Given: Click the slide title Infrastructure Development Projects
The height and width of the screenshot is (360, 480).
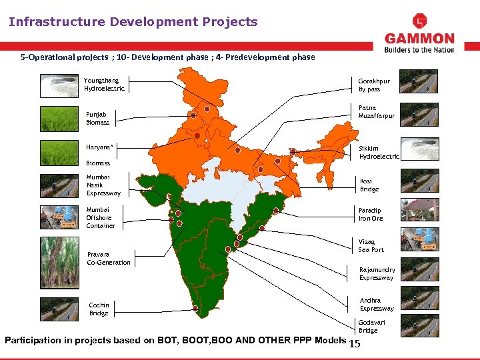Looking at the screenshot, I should [x=133, y=22].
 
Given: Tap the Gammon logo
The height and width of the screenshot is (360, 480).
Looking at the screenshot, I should [x=419, y=34].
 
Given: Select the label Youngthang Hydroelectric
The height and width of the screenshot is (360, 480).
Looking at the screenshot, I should [x=104, y=85].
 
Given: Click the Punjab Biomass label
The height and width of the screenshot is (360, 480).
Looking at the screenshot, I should [x=97, y=118].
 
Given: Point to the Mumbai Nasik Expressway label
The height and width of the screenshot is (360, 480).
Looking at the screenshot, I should [x=103, y=185].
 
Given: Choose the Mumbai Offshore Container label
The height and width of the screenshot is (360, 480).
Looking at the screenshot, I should [x=101, y=217].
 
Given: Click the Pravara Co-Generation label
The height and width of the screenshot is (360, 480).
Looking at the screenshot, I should [x=109, y=258].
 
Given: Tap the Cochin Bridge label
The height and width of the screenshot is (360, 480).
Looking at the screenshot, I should [x=99, y=309].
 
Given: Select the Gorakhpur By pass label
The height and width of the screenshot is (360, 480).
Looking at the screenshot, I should [x=374, y=85].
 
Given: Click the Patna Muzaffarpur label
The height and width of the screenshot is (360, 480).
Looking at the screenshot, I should [x=377, y=111].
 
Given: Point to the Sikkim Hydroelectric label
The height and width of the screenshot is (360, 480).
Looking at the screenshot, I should [x=379, y=153].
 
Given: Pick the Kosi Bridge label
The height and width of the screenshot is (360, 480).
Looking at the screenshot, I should [x=369, y=185].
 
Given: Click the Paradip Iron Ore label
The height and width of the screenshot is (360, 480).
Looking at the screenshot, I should [x=371, y=214].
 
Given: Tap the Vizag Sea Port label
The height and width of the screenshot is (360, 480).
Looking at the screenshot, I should [x=371, y=245].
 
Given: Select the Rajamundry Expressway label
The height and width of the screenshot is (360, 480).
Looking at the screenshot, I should [x=377, y=273].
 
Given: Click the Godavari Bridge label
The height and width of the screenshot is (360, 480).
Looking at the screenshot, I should [x=368, y=326].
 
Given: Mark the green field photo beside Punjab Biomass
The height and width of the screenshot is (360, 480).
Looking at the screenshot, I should [x=59, y=119].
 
